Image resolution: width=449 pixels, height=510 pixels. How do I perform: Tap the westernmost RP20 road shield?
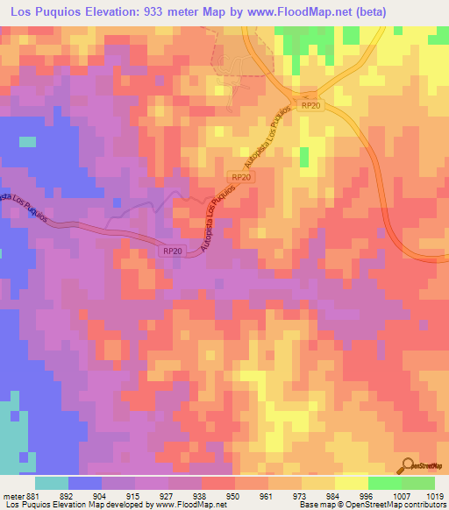click(x=172, y=251)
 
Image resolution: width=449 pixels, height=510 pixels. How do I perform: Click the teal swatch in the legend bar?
click(x=52, y=483)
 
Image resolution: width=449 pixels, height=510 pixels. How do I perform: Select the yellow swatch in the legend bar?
click(x=350, y=483)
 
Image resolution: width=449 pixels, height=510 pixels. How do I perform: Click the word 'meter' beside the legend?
click(x=13, y=497)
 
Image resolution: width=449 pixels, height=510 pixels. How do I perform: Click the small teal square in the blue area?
click(x=27, y=141)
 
